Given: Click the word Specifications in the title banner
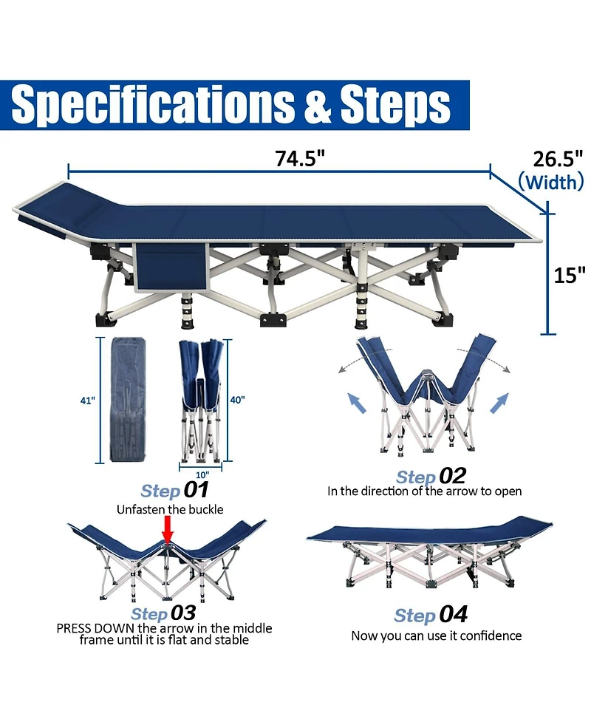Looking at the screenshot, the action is [152, 105].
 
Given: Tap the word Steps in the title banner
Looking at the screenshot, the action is [395, 105].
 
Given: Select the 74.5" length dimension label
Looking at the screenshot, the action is [300, 158].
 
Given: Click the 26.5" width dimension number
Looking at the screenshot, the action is [558, 159].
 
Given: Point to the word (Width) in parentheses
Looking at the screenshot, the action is [551, 182].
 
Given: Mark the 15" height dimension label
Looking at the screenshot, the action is [570, 275].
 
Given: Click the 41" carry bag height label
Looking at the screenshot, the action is [87, 401].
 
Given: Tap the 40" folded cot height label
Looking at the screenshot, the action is [237, 400].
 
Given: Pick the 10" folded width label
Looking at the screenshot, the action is [202, 474].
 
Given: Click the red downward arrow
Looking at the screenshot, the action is [168, 530].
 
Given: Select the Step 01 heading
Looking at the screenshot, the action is [174, 490].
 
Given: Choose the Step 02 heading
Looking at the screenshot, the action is [431, 476].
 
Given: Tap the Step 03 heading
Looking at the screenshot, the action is [163, 613].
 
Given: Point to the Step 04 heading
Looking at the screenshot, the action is [431, 615].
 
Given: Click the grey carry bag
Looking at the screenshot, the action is [129, 400].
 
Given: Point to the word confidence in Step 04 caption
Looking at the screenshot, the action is [491, 636].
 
